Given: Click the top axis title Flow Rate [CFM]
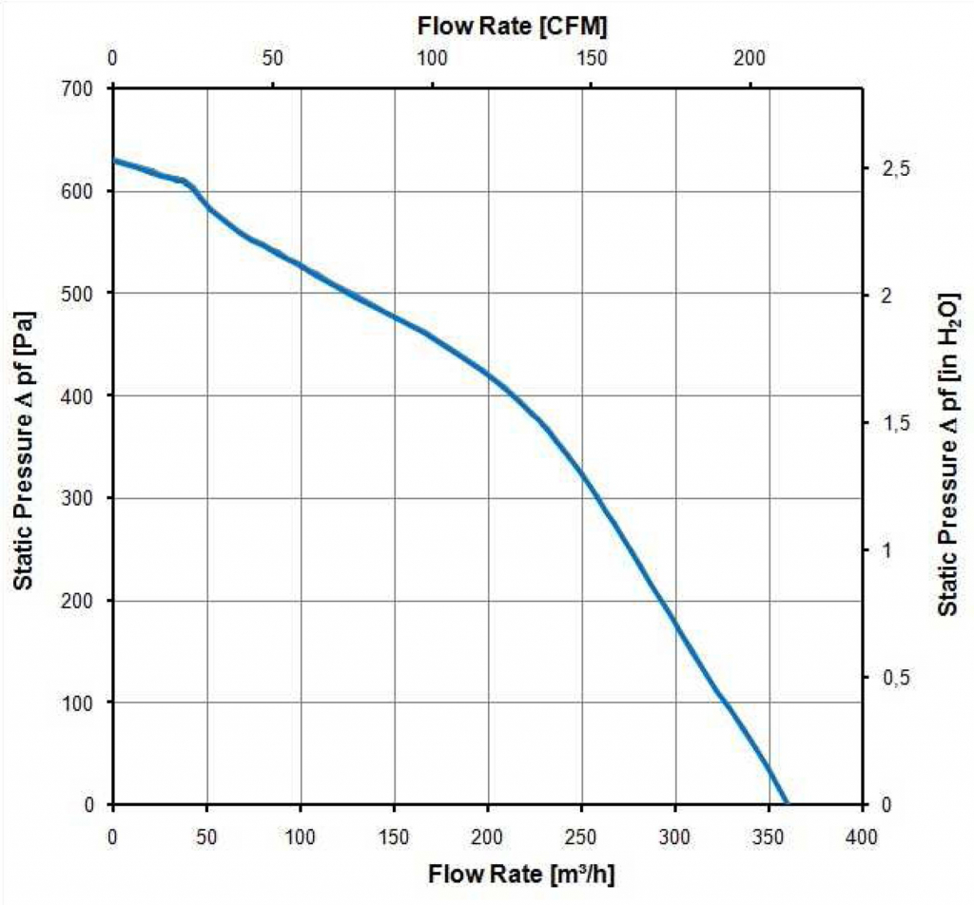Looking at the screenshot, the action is tap(512, 26).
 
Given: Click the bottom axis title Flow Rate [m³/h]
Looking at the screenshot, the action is tap(521, 874).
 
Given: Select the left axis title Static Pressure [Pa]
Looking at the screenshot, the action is tap(24, 450).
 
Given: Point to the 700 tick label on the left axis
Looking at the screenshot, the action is tap(77, 88).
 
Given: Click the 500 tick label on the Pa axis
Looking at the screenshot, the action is tap(77, 293).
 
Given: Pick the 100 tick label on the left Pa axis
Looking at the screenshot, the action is tap(77, 703).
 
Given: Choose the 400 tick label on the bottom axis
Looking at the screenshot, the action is tap(862, 838).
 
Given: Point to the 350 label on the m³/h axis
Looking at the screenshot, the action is tap(769, 838).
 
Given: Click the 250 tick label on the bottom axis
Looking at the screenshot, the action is tap(581, 838).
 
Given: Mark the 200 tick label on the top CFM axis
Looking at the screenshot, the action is tap(750, 58).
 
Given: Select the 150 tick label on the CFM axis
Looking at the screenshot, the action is tap(590, 58).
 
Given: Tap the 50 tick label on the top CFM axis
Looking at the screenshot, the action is tap(272, 58).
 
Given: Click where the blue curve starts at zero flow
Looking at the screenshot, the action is tap(114, 161).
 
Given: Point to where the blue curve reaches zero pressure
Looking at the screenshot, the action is tap(786, 803).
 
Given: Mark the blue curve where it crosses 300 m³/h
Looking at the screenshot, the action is tap(675, 626).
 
